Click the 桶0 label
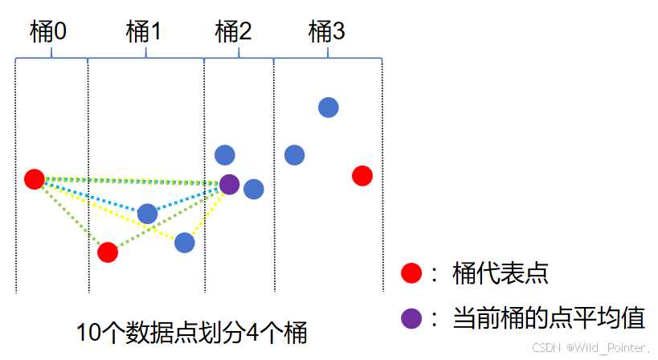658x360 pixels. click(48, 31)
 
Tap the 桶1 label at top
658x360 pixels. click(144, 31)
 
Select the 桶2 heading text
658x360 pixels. click(234, 31)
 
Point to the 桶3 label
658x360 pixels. click(327, 31)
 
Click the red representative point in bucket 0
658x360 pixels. click(34, 178)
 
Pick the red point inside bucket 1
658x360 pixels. click(108, 252)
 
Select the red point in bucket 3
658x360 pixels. click(362, 175)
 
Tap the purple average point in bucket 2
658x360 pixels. click(229, 185)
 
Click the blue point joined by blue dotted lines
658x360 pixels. click(147, 213)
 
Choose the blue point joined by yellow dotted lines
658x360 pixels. click(185, 242)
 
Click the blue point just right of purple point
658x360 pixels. click(254, 189)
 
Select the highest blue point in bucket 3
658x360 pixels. click(328, 107)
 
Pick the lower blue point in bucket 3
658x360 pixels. click(295, 154)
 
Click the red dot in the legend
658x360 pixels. click(411, 274)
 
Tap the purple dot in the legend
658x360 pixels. click(411, 317)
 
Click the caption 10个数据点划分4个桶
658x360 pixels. click(193, 332)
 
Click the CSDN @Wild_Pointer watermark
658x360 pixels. click(591, 349)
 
